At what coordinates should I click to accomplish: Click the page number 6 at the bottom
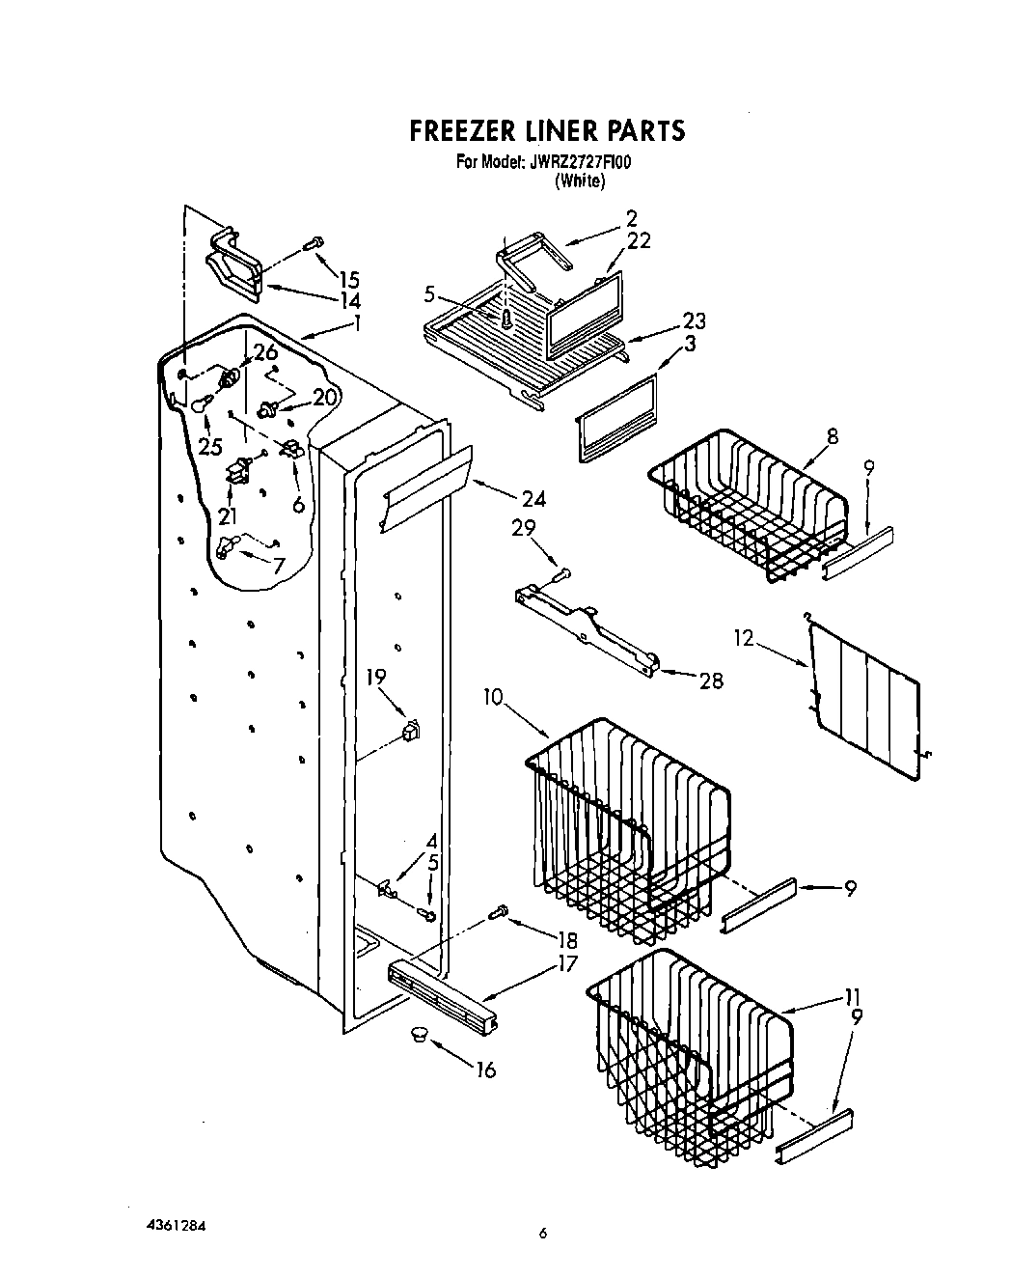(x=543, y=1232)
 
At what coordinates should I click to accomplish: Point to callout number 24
(x=533, y=499)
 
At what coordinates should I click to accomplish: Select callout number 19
(x=376, y=678)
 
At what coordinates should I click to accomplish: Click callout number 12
(x=743, y=638)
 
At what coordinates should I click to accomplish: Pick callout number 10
(x=494, y=696)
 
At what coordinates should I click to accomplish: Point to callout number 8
(x=832, y=436)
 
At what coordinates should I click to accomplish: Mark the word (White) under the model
(x=579, y=181)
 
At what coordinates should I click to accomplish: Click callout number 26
(x=265, y=353)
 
